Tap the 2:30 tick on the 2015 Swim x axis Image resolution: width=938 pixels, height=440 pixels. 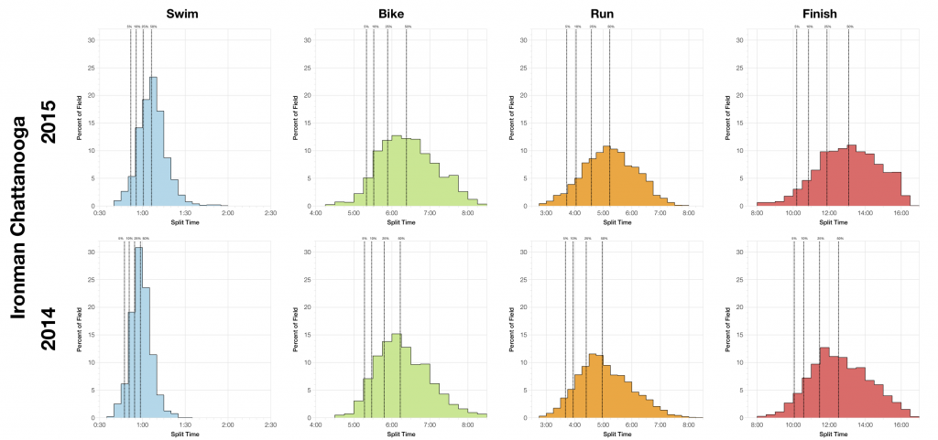click(270, 213)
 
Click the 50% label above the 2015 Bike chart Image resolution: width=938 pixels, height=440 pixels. click(407, 27)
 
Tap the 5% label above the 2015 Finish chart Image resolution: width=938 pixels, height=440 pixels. click(797, 27)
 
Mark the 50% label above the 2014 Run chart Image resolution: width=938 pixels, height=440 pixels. click(603, 239)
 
